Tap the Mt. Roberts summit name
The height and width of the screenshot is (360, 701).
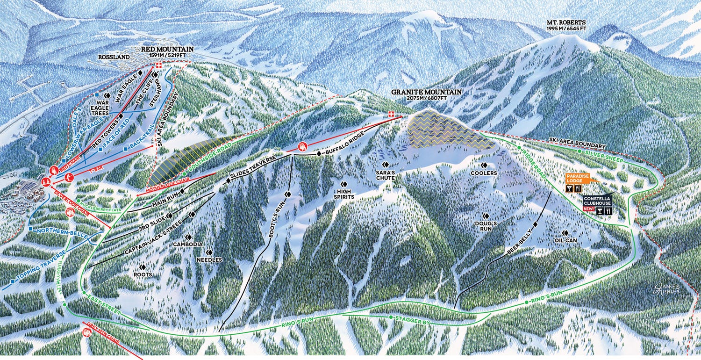click(x=566, y=22)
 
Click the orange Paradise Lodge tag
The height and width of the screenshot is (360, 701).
click(x=575, y=178)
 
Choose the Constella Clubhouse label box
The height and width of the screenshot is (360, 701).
click(x=597, y=202)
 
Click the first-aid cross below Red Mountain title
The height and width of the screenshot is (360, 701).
click(x=159, y=65)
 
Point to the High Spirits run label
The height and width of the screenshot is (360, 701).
click(x=343, y=194)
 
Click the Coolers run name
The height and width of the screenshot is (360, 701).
click(x=485, y=173)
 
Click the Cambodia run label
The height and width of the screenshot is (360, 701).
click(x=187, y=244)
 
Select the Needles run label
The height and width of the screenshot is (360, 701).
click(x=209, y=259)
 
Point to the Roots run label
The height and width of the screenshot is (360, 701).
click(x=143, y=274)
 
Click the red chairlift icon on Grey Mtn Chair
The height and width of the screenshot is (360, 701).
click(x=87, y=332)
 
